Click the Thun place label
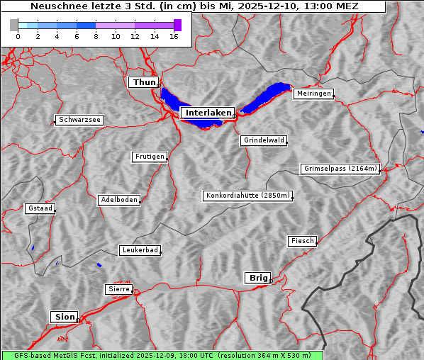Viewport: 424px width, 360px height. point(143,83)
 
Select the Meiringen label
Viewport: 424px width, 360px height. point(313,94)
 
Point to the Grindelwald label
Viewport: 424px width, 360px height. point(264,140)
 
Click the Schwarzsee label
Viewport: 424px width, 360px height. point(79,120)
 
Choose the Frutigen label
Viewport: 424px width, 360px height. point(149,157)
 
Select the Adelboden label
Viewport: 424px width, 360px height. point(118,200)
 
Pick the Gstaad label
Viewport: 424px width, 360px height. point(40,208)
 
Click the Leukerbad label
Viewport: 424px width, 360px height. point(140,250)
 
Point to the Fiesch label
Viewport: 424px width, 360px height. point(301,241)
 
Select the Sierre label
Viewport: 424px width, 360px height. point(118,289)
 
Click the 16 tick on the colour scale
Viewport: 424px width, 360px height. point(174,37)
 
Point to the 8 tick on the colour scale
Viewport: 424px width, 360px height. point(96,37)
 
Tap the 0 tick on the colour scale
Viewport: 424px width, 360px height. point(18,37)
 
